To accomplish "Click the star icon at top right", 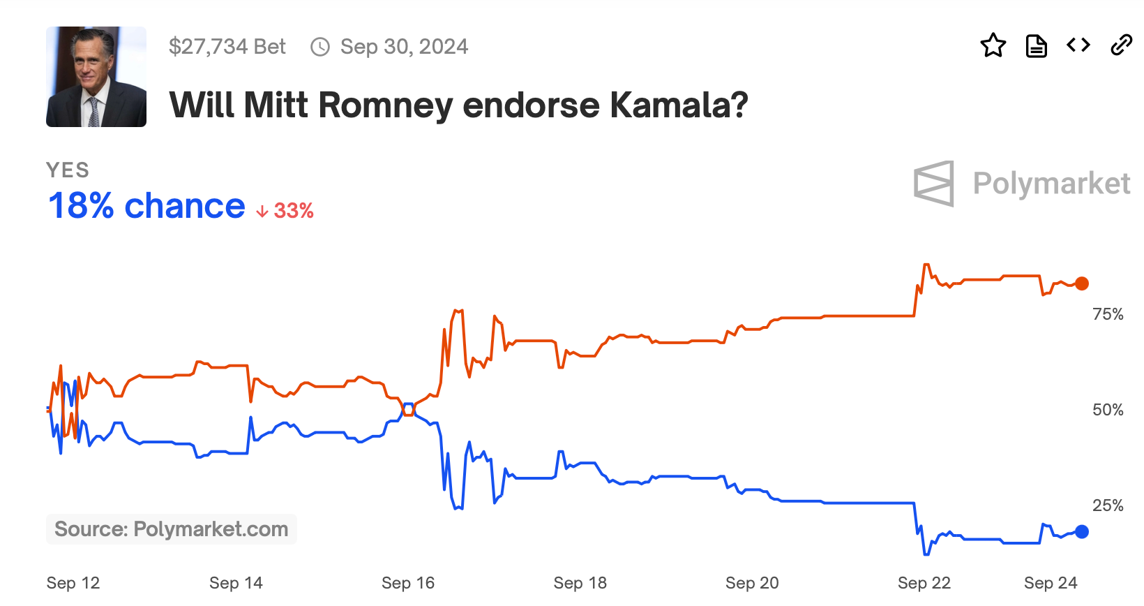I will tap(993, 46).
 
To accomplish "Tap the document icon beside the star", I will tap(1036, 46).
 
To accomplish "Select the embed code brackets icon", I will tap(1078, 45).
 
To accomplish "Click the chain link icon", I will tap(1121, 45).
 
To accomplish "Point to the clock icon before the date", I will tap(320, 47).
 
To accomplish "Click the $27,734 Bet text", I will tap(227, 47).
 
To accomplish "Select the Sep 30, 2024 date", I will tap(404, 47).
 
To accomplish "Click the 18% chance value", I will tap(146, 206).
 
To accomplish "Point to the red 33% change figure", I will tap(293, 210).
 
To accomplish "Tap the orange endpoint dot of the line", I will tap(1081, 283).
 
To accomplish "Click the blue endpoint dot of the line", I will tap(1081, 532).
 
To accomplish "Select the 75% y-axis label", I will tap(1108, 314).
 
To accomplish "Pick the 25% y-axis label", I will tap(1108, 505).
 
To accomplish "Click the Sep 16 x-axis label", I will tap(408, 583).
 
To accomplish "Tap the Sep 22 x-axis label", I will tap(924, 583).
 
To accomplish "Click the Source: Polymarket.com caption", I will tap(172, 529).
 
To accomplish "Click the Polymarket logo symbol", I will tap(934, 184).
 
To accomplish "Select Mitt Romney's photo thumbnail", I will tap(96, 77).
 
